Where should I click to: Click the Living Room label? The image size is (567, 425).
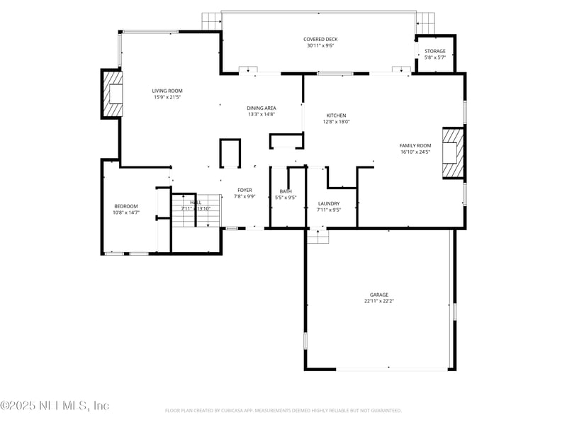coord(167,91)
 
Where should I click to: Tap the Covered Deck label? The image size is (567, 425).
coord(319,40)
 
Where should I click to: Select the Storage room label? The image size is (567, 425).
coord(434,51)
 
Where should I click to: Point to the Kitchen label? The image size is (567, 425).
coord(336,115)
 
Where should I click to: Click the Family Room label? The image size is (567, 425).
coord(415,145)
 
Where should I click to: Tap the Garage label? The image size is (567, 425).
coord(378,295)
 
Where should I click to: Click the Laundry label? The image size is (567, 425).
coord(329,203)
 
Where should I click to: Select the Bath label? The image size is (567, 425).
coord(286,191)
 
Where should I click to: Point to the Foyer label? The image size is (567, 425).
coord(245,191)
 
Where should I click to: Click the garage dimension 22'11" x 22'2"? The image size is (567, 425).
coord(378,301)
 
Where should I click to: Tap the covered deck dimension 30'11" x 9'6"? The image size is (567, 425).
coord(319,46)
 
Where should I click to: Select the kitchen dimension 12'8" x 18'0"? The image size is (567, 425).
coord(336,122)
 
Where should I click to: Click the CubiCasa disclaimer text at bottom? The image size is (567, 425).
coord(283,410)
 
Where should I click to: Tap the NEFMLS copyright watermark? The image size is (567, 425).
coord(55,406)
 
